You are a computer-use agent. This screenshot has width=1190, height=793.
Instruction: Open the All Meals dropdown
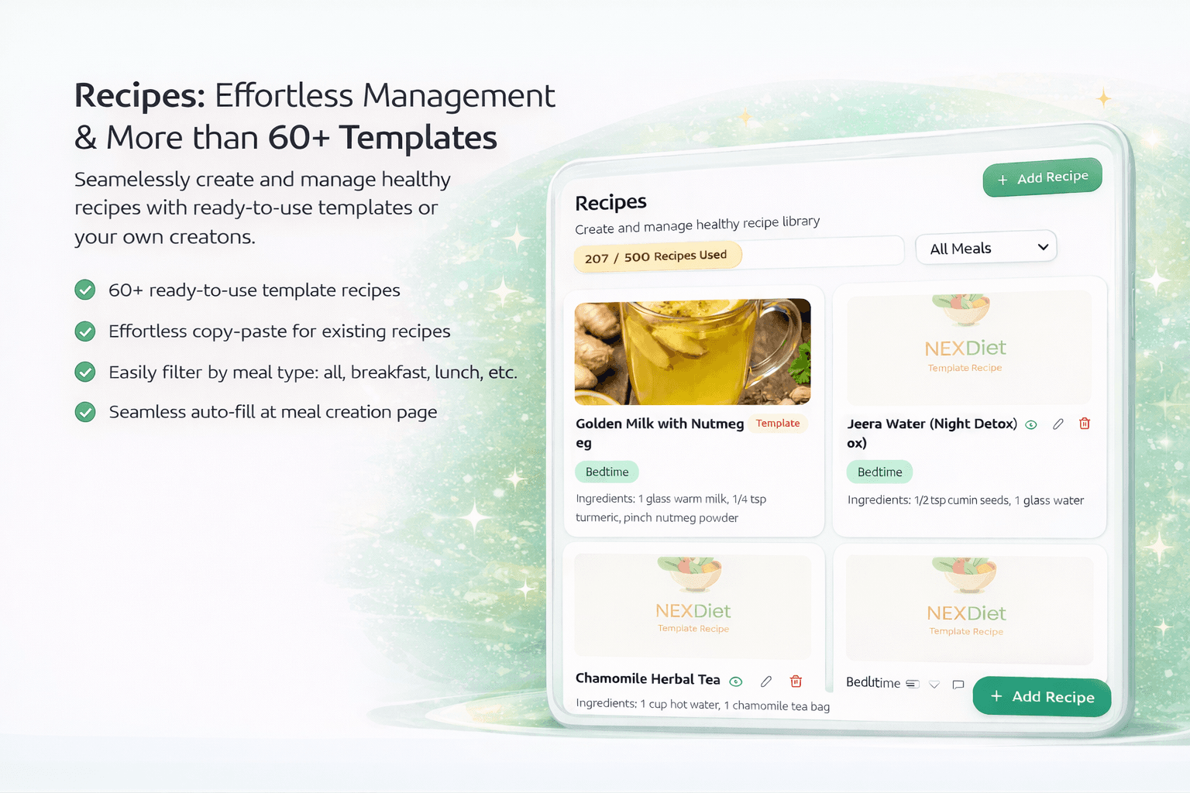985,248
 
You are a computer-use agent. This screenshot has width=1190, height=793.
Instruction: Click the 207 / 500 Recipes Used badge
657,256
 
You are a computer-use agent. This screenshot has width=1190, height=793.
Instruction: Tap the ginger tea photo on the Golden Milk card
693,352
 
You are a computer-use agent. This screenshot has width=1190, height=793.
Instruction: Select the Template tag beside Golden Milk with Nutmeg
778,424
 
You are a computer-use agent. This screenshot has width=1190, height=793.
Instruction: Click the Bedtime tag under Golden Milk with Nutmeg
607,472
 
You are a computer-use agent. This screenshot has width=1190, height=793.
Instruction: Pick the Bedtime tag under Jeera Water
879,472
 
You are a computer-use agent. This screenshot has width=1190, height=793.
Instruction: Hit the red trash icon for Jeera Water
1085,424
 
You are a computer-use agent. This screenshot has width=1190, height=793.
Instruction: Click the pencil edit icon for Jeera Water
1058,424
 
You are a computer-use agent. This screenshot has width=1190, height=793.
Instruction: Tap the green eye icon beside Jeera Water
1031,424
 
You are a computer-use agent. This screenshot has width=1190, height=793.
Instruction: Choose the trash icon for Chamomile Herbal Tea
796,681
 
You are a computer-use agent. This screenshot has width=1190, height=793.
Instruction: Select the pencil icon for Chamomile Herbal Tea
766,681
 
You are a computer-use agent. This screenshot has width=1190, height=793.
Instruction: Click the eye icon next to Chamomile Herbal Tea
736,681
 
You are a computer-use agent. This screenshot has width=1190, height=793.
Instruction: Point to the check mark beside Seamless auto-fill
85,412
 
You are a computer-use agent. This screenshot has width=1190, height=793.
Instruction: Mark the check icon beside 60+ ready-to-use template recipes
85,290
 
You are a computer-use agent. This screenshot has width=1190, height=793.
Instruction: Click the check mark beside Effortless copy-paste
85,331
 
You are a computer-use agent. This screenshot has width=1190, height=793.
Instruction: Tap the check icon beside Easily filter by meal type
85,372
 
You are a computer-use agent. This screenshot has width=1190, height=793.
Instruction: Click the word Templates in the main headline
418,138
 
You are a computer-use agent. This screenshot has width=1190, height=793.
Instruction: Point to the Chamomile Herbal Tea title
648,679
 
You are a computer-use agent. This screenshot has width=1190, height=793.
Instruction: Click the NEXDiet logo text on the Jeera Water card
965,348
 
